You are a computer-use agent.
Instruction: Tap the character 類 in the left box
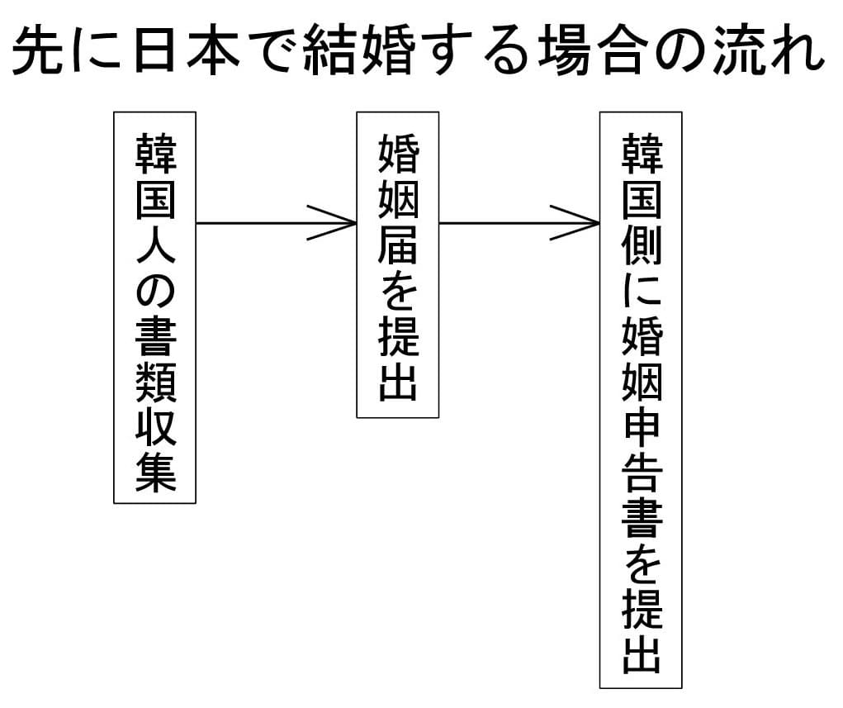154,385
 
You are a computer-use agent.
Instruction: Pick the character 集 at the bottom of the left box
154,474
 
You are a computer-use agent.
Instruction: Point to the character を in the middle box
397,292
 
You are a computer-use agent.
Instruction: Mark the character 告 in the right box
641,475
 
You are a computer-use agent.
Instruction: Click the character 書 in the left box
154,339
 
